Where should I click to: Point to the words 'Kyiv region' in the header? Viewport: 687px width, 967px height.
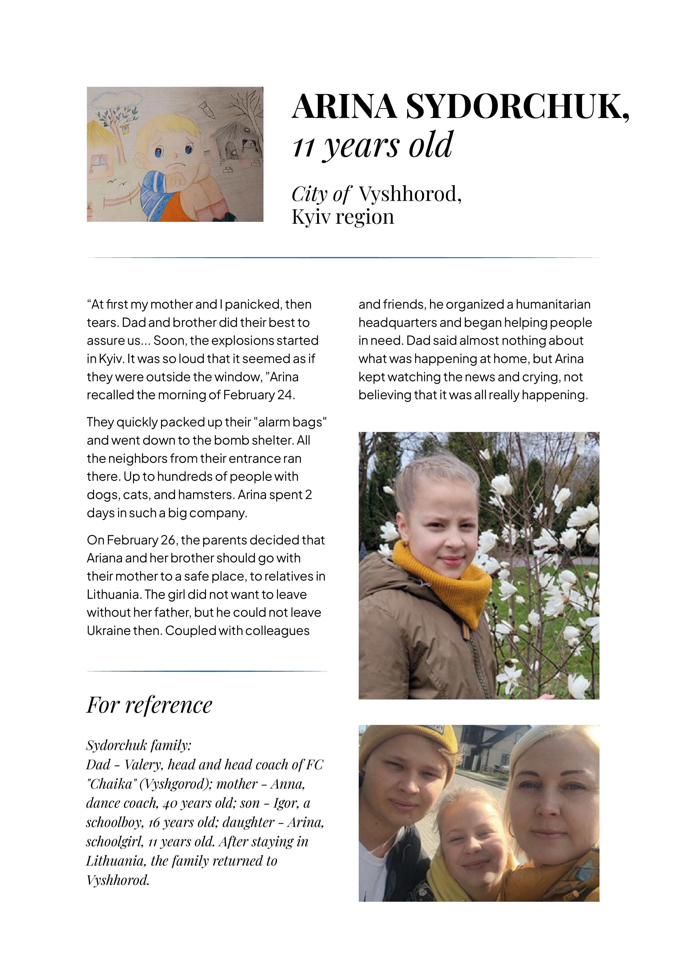point(343,217)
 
